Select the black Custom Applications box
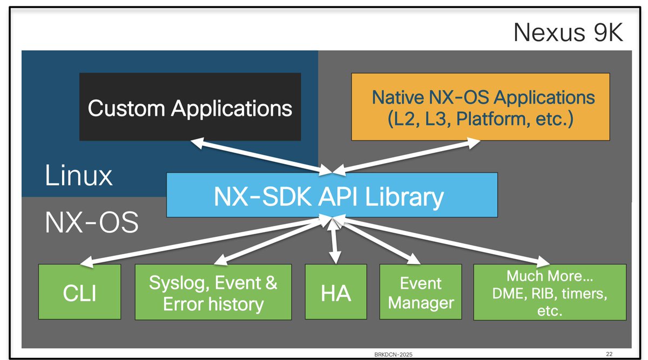click(x=190, y=107)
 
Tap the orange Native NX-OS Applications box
click(x=480, y=107)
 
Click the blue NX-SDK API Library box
click(x=332, y=194)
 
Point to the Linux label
click(x=78, y=175)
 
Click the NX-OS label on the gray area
click(x=91, y=221)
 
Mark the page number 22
click(x=609, y=354)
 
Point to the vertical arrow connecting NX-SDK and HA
click(x=335, y=240)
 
